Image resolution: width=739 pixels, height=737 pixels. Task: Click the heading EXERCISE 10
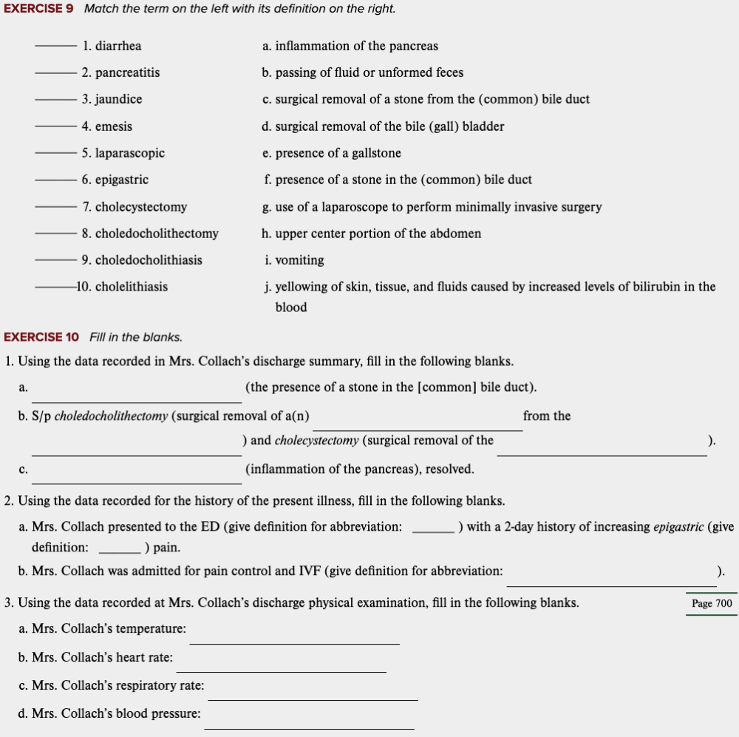coord(41,337)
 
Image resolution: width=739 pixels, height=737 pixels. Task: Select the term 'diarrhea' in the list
coord(118,46)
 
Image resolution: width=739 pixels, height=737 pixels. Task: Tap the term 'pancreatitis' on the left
coord(127,72)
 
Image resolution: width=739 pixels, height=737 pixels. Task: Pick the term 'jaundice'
coord(118,99)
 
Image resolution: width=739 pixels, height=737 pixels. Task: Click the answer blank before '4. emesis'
coord(56,127)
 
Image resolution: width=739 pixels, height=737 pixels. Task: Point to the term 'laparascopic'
coord(129,153)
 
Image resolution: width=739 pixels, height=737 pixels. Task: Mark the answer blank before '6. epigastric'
coord(56,180)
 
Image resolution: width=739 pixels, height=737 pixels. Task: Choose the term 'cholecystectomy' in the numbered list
coord(140,207)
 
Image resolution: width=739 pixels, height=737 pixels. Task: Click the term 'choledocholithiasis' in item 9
coord(148,260)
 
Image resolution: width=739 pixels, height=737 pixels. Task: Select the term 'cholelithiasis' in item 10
coord(131,287)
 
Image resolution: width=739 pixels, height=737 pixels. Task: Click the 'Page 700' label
coord(712,603)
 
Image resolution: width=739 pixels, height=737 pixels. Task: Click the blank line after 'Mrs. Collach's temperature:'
coord(294,642)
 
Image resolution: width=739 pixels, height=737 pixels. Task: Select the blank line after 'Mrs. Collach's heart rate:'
coord(281,670)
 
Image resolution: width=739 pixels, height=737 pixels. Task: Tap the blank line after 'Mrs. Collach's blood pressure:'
coord(309,726)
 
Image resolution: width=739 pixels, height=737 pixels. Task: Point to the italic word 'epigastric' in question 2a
coord(678,527)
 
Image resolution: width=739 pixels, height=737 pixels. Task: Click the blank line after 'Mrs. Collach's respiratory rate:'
coord(313,698)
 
